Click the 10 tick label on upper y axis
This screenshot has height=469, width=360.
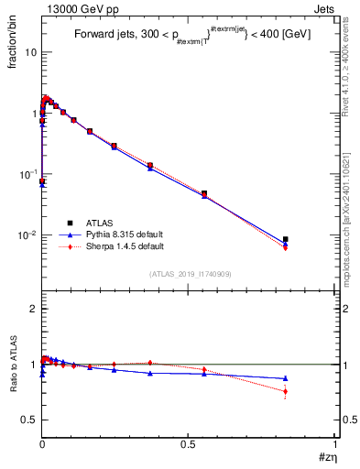pyautogui.click(x=30, y=52)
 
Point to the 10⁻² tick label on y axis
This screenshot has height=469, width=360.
pyautogui.click(x=27, y=235)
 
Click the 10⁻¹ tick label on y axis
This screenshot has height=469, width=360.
pyautogui.click(x=27, y=174)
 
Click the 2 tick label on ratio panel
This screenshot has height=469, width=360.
pyautogui.click(x=33, y=310)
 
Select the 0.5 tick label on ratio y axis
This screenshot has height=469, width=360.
pyautogui.click(x=29, y=420)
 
